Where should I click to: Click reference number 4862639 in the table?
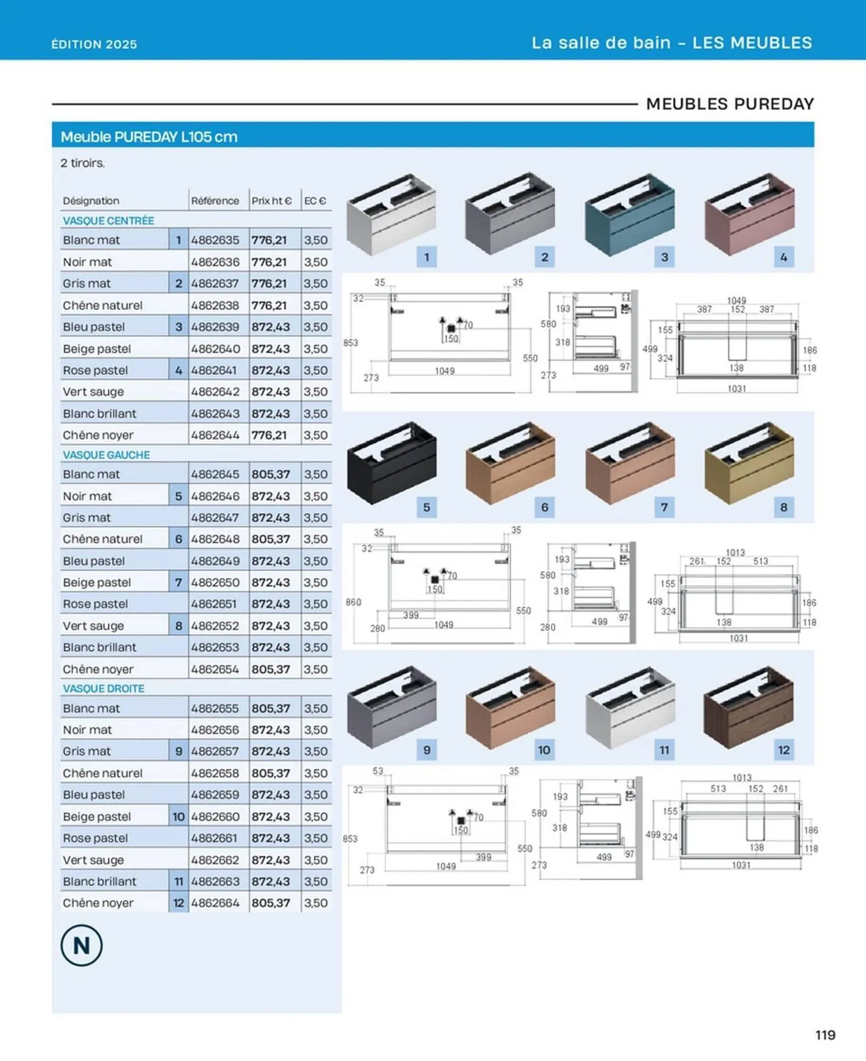tap(215, 327)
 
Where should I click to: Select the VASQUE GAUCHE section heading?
tap(107, 455)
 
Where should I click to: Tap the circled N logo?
tap(81, 945)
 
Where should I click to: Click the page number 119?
tap(825, 1034)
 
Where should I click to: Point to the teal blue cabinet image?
tap(629, 215)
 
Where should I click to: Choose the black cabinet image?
tap(392, 462)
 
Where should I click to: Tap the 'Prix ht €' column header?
tap(271, 201)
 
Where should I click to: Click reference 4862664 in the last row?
tap(215, 902)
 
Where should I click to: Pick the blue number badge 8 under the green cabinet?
tap(783, 507)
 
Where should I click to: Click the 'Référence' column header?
tap(215, 201)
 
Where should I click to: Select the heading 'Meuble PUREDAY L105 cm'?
tap(149, 137)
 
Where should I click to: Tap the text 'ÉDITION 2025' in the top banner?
tap(94, 44)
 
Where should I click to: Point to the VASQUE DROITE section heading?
tap(103, 688)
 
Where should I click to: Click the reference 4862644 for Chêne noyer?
tap(215, 435)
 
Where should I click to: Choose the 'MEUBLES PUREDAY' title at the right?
tap(730, 104)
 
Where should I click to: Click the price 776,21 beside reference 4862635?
tap(269, 240)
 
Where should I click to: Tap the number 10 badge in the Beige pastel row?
tap(179, 816)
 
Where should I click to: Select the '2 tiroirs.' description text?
tap(83, 163)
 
